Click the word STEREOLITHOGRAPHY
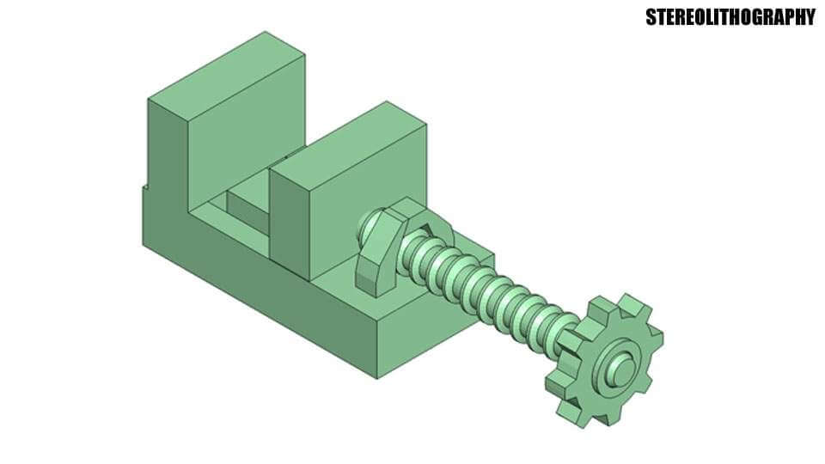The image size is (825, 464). (x=730, y=17)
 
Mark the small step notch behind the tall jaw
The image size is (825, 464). (x=142, y=184)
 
